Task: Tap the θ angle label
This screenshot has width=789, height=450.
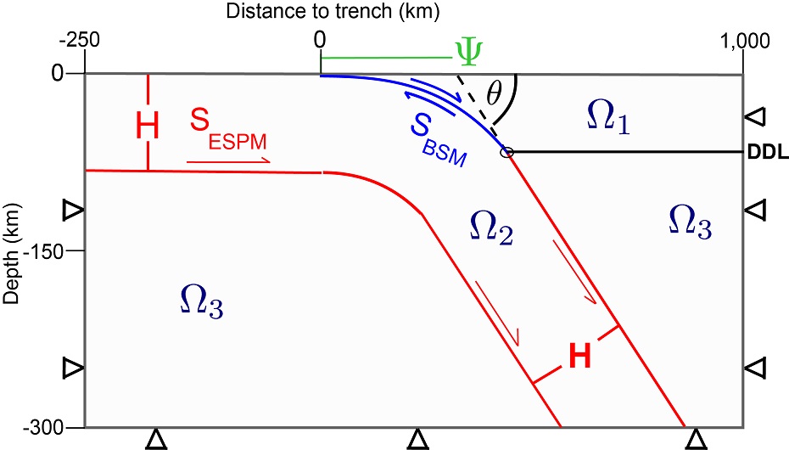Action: click(490, 87)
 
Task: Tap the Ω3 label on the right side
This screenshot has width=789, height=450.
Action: click(689, 220)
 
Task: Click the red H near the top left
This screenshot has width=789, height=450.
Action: click(148, 127)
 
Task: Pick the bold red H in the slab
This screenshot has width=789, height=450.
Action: click(579, 357)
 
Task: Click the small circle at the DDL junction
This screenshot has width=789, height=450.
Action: click(507, 153)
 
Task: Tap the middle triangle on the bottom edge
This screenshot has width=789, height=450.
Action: click(416, 438)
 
